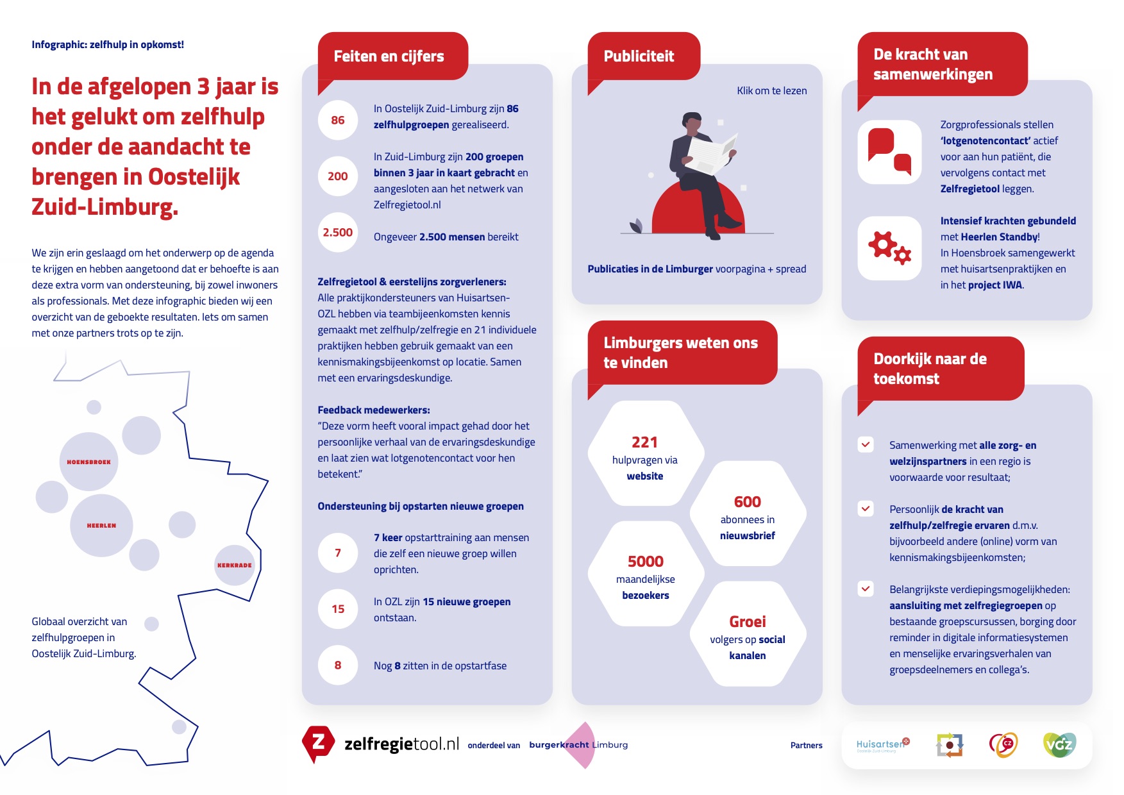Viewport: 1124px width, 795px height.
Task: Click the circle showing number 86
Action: click(x=338, y=120)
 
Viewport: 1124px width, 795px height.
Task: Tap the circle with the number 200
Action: click(x=338, y=176)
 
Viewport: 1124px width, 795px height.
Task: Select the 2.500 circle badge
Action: click(x=338, y=232)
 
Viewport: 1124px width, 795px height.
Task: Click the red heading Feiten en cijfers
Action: click(x=389, y=56)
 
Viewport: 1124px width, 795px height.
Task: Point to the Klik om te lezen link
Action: click(x=771, y=91)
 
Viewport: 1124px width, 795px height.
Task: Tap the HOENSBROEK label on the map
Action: click(x=88, y=462)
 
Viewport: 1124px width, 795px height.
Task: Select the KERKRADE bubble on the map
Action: click(x=234, y=565)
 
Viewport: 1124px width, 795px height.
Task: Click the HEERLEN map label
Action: click(x=101, y=525)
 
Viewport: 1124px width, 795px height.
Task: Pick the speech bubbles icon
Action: click(x=889, y=152)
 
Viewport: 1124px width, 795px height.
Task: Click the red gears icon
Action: click(x=889, y=248)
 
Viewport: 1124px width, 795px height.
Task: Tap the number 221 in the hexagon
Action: click(x=644, y=442)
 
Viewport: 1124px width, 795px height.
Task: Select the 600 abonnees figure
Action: click(x=747, y=502)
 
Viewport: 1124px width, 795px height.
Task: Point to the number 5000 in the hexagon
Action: click(x=645, y=562)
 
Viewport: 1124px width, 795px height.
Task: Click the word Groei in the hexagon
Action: click(x=747, y=622)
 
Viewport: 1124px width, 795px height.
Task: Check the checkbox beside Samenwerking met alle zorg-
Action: click(x=866, y=444)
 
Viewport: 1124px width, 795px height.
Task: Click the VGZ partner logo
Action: click(x=1059, y=744)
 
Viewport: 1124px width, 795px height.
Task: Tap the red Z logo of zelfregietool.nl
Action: click(x=318, y=743)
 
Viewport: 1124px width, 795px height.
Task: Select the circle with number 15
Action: click(x=338, y=609)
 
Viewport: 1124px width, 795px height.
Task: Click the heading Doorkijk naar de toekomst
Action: click(x=930, y=369)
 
